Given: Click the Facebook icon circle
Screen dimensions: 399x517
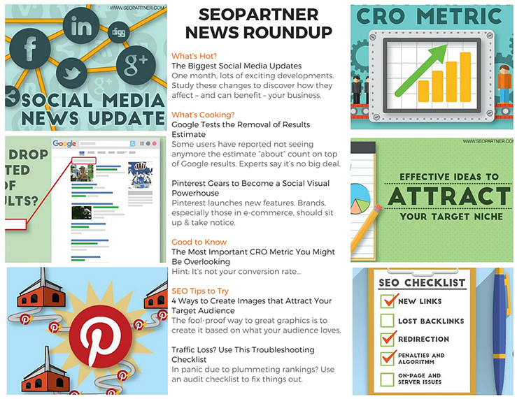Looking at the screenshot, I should (x=31, y=52).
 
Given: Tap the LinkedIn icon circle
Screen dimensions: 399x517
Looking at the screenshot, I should (x=81, y=27).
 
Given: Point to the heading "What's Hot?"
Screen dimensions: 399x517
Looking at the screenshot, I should (x=194, y=55).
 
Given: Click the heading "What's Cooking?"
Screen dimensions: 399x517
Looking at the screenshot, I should (x=203, y=114).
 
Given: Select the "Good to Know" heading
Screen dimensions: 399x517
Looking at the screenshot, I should (x=199, y=242).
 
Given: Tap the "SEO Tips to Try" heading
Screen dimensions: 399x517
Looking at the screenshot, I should (x=200, y=291).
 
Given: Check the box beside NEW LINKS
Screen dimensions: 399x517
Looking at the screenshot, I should (x=388, y=301).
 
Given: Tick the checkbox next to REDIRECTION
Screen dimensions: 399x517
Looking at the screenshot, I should (x=388, y=339).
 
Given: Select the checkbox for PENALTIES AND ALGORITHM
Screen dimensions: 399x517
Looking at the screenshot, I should (x=388, y=358).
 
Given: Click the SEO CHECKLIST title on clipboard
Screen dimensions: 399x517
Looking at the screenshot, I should (x=421, y=282).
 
